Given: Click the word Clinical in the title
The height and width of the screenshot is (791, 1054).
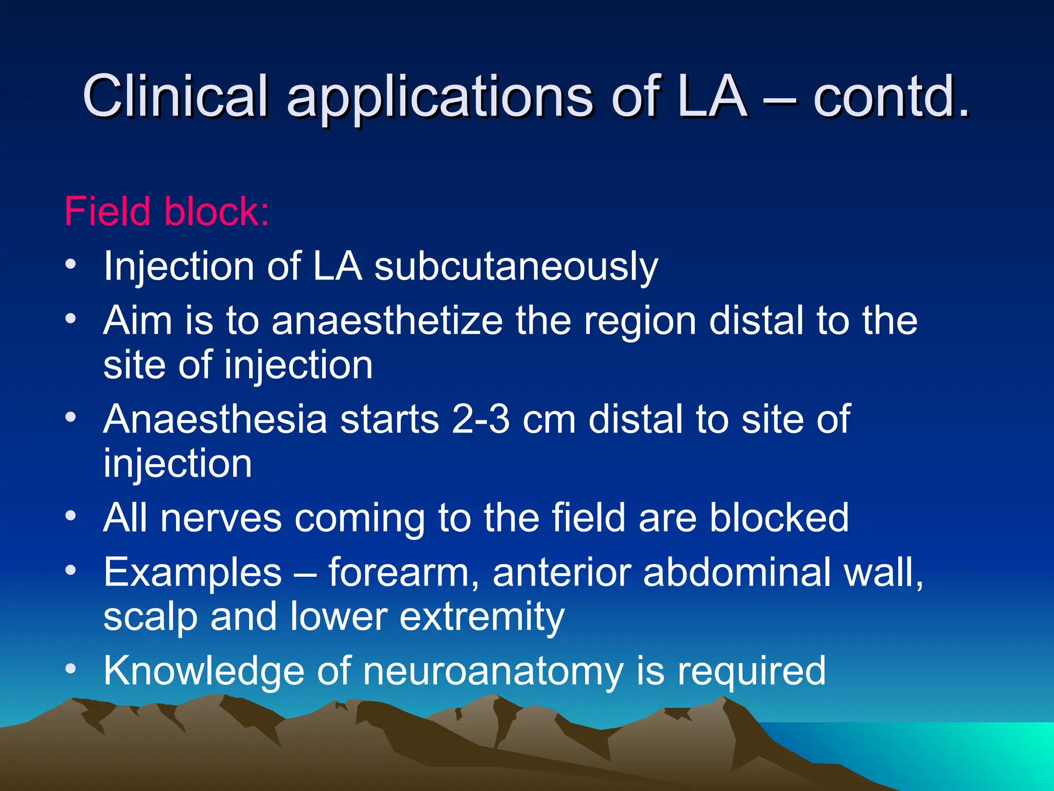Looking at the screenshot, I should point(175,96).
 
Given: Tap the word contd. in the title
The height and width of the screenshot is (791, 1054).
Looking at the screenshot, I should point(891,96).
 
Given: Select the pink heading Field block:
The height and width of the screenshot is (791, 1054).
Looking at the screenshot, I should point(166,211).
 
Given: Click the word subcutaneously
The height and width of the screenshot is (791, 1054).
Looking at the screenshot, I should point(516,267).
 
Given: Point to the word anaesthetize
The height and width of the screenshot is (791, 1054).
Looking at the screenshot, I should point(387,320).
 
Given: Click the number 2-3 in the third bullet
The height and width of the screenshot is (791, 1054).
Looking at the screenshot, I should point(481,419).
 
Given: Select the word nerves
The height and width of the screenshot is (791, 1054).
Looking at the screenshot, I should point(221,518).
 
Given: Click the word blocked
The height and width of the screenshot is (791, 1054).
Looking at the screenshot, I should point(779,518).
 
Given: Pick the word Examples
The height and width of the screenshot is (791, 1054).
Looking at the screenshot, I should point(192,573).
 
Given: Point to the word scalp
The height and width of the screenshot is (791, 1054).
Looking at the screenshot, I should point(150,617).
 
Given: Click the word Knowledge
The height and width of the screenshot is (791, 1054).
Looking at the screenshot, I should point(204,671).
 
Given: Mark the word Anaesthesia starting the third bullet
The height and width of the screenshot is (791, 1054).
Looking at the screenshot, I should point(215,419).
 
